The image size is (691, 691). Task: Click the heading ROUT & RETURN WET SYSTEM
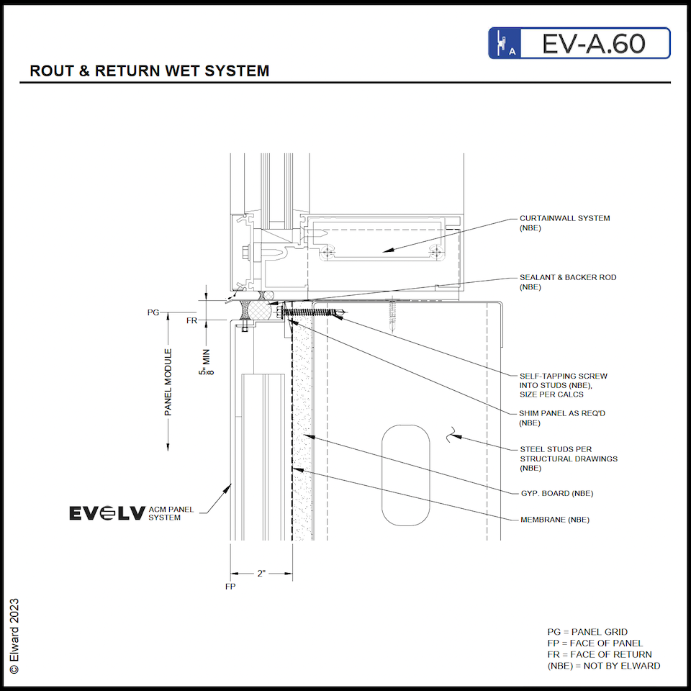click(149, 71)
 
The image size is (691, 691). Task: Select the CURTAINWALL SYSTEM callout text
click(564, 223)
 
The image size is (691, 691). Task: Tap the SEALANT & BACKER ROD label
click(568, 282)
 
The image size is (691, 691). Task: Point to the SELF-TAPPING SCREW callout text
click(563, 385)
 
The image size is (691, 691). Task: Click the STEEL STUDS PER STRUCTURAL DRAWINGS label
click(568, 459)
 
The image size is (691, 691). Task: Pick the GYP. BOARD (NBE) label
click(556, 493)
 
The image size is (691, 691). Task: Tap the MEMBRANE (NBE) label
click(554, 519)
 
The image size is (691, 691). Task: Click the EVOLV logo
click(107, 512)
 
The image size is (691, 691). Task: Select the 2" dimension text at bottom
click(261, 574)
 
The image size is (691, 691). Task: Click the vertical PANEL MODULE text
click(168, 382)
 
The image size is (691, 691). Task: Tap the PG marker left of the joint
click(153, 312)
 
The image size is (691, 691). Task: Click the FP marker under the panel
click(230, 587)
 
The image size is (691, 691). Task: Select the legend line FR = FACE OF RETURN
click(599, 654)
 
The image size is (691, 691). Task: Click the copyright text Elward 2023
click(14, 636)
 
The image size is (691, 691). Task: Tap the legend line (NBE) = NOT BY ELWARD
click(603, 666)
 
